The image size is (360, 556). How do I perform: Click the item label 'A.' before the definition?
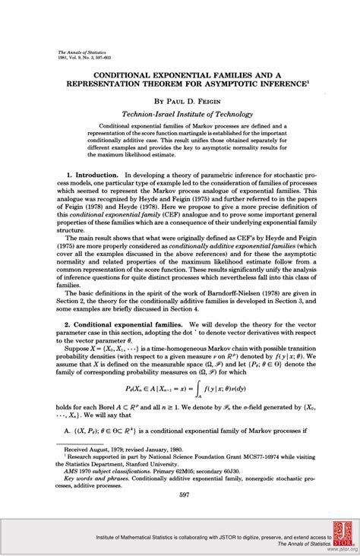[68, 431]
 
